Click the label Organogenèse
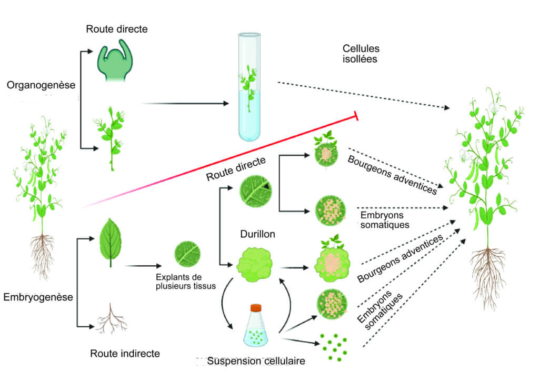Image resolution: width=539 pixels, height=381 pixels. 41,85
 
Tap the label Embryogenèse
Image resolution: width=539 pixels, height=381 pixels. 38,297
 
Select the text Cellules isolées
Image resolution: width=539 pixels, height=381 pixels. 361,54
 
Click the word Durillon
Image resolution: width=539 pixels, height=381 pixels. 257,234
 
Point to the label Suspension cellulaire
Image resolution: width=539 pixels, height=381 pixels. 256,361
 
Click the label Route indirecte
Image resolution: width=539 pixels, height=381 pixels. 125,354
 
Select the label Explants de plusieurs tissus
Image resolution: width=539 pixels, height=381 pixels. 186,282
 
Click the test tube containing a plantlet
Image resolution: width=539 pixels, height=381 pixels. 249,87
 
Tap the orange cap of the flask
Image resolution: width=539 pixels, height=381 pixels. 256,308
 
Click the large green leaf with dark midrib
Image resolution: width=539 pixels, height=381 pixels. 111,242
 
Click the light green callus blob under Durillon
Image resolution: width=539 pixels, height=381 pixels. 255,265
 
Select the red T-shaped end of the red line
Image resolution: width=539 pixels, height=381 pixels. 356,116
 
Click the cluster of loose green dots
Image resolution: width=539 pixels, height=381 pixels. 333,347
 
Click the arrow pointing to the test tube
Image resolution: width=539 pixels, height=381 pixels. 185,103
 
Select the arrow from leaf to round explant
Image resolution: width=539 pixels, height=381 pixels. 143,266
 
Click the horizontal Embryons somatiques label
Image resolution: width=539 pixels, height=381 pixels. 385,220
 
